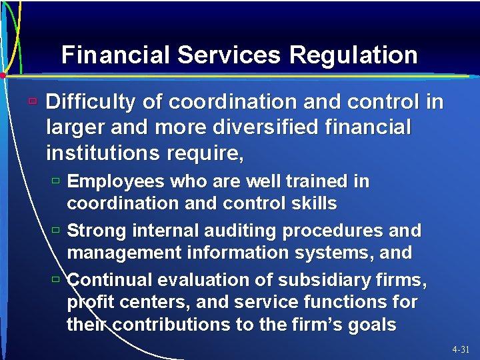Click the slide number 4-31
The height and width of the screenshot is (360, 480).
tap(461, 349)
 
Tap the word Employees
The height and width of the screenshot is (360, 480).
tap(117, 181)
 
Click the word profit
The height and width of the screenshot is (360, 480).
tap(87, 302)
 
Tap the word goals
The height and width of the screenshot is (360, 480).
tap(371, 325)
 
